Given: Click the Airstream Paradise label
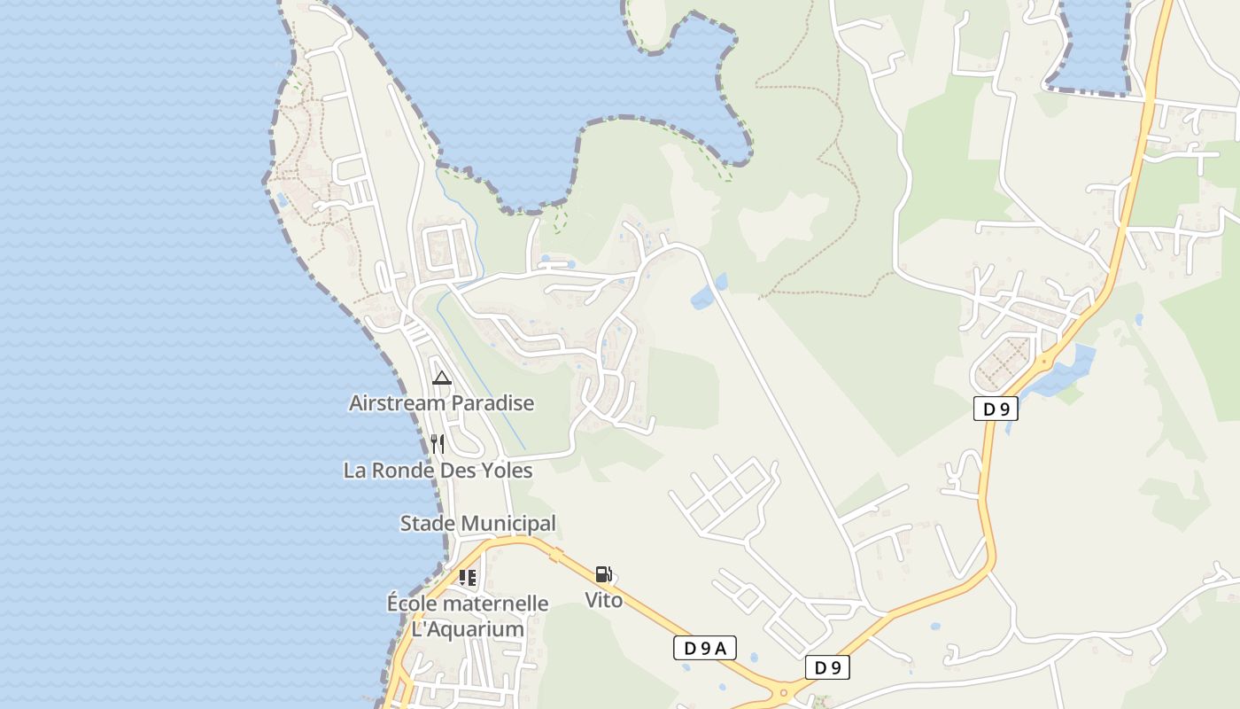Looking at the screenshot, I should point(441,403).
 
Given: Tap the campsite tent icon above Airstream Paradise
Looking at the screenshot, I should point(441,378).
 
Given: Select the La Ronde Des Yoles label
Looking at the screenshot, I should point(438,471).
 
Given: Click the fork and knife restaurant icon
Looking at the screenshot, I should point(437,443).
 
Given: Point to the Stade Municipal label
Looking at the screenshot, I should point(477,524).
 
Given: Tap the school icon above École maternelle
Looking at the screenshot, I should point(468,578).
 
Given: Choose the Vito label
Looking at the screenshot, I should point(603,600).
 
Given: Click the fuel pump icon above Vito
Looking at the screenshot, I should point(603,574).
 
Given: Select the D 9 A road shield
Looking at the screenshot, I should point(705,648).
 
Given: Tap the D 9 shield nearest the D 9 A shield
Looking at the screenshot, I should point(827,667).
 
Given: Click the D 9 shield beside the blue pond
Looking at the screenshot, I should point(996,409).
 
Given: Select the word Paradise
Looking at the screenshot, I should point(492,403).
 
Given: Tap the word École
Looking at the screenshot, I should point(412,604).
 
